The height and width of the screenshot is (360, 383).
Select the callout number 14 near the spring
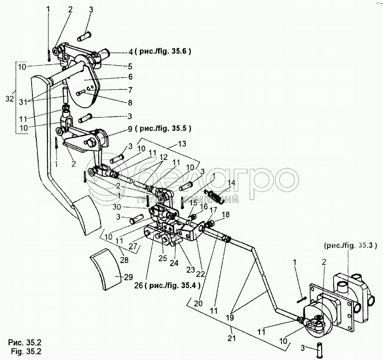point(232,183)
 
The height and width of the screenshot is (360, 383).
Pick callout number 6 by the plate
point(130,76)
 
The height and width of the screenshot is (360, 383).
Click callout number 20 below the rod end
point(198,303)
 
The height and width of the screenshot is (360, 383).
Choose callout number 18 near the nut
point(226,214)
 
